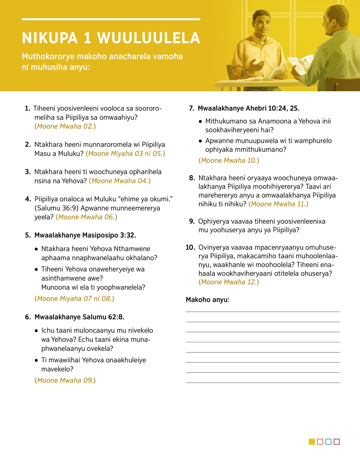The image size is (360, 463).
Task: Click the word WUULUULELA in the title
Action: point(148,38)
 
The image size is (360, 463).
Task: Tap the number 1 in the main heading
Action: point(87,38)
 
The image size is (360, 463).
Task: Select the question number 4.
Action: point(28,199)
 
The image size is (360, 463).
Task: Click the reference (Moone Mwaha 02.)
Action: point(65,126)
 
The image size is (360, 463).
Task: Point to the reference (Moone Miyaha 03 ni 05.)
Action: point(125,154)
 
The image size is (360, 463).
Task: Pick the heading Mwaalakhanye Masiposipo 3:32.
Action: point(85,235)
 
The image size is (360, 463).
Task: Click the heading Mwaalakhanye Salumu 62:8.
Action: point(79,317)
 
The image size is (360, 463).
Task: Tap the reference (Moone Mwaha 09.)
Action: point(65,380)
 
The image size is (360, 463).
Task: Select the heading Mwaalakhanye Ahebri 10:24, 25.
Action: point(249,108)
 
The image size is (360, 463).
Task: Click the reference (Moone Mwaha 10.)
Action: point(229,161)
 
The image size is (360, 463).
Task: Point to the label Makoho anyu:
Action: point(208,300)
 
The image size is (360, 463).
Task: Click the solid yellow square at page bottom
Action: point(312,442)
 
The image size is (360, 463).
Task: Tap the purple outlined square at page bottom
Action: point(337,442)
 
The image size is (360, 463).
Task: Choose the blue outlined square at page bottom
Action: point(328,442)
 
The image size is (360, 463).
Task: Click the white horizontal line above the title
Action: point(111,19)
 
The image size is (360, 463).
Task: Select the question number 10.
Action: point(190,248)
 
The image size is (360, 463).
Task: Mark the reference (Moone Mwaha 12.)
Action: point(229,282)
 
